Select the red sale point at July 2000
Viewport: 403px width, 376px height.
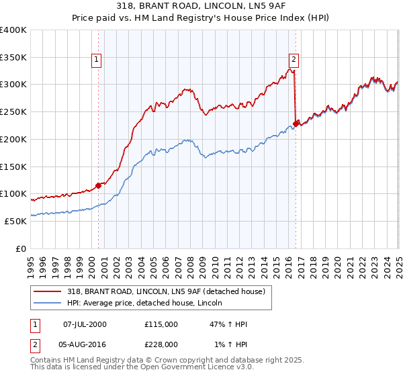(x=98, y=185)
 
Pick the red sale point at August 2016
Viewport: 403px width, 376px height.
(x=296, y=123)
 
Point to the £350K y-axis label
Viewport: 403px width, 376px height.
(x=13, y=58)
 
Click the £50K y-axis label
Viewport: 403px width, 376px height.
(x=16, y=221)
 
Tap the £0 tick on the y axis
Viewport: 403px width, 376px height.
(x=21, y=248)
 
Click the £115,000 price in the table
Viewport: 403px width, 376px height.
(x=161, y=324)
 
